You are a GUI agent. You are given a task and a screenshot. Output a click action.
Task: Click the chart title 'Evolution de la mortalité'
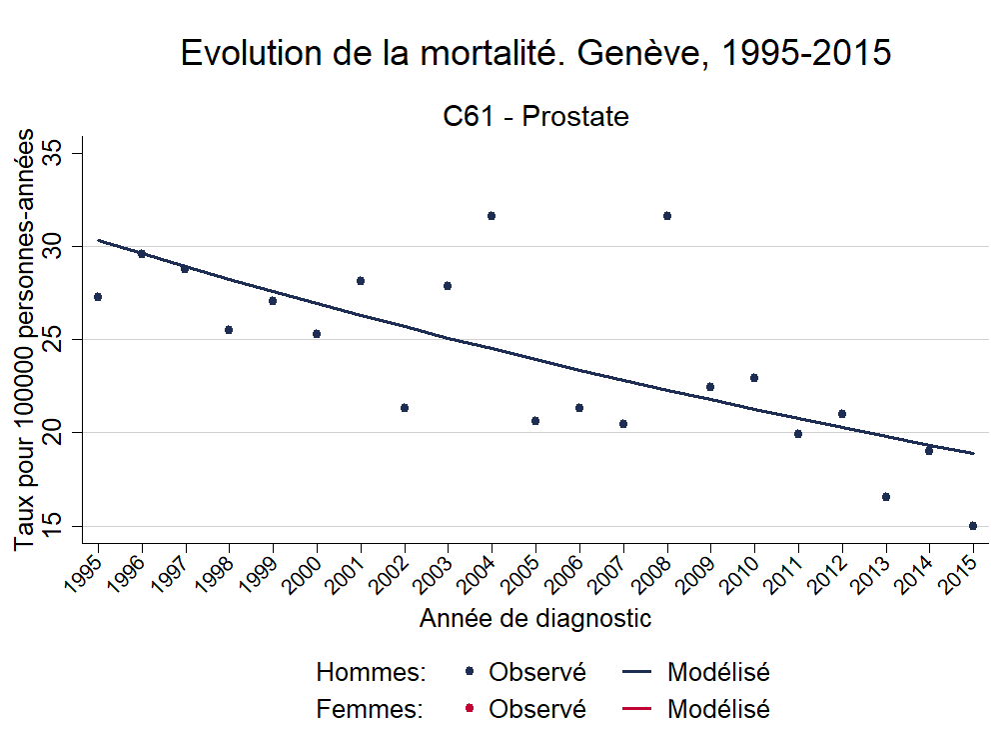[534, 53]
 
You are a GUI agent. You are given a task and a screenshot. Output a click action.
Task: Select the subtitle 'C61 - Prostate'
[535, 117]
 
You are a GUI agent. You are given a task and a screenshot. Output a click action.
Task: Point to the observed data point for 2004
[492, 216]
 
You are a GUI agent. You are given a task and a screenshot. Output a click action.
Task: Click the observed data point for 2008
[667, 216]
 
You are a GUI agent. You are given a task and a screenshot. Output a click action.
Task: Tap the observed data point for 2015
[973, 526]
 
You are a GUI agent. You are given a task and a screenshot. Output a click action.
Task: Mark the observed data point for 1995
[98, 297]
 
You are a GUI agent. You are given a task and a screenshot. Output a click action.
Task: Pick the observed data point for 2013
[886, 497]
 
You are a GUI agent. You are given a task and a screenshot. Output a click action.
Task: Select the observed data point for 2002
[405, 408]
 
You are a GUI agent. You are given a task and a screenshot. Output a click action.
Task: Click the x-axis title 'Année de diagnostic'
[535, 618]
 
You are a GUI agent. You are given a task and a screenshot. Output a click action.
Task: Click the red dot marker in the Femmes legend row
[469, 709]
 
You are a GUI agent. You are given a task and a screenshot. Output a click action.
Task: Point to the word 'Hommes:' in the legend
[371, 672]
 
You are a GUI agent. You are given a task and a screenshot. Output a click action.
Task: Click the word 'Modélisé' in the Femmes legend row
[718, 709]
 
